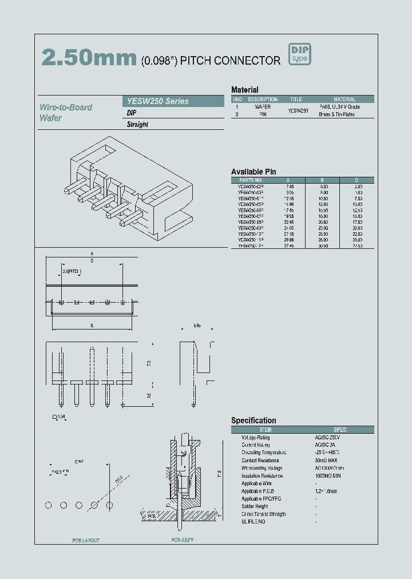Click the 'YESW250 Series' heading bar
[x=157, y=101]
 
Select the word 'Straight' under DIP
[x=137, y=124]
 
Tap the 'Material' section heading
[x=244, y=90]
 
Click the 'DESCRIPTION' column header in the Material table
[x=263, y=99]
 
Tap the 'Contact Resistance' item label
[x=260, y=460]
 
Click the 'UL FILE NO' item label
[x=253, y=521]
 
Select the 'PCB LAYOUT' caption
[x=86, y=540]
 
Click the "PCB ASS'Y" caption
[x=183, y=540]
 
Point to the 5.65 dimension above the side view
[x=197, y=325]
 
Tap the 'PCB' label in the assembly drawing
[x=151, y=516]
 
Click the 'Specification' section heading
[x=253, y=421]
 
